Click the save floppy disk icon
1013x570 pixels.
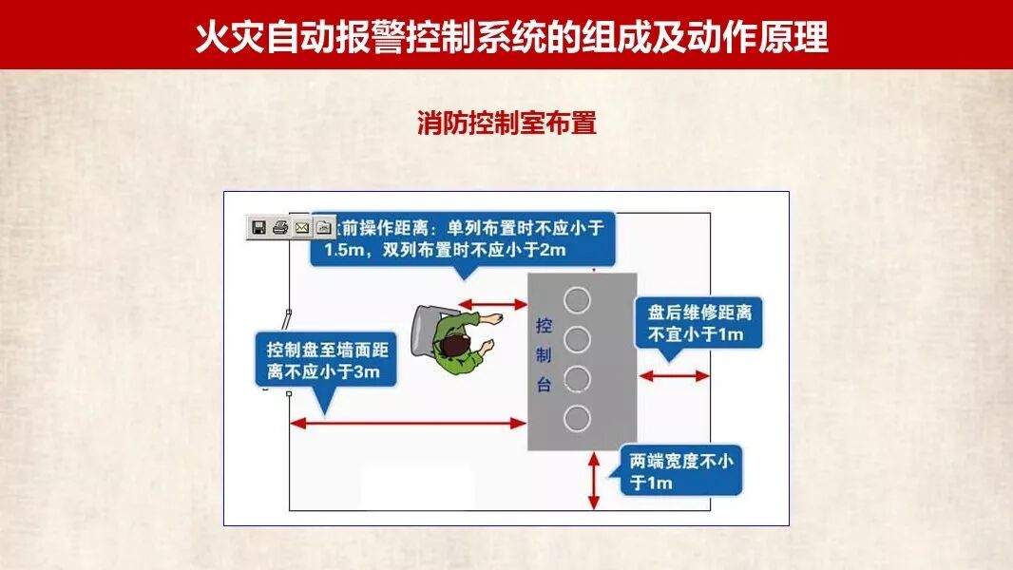point(258,227)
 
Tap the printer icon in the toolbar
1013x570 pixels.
point(279,227)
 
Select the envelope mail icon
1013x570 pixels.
point(302,227)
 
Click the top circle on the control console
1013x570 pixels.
point(577,300)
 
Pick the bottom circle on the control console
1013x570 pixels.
point(577,418)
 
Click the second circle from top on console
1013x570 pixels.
point(577,339)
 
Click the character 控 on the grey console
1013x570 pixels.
point(545,326)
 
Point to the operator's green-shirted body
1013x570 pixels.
point(456,351)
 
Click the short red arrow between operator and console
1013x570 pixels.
point(493,305)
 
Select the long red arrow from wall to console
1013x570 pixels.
point(409,423)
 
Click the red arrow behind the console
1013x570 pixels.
point(674,376)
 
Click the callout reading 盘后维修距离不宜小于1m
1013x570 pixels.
point(699,323)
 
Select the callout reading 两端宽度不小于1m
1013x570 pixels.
point(680,471)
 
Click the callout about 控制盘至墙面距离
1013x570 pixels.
point(324,359)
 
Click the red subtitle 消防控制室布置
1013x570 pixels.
point(506,123)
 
